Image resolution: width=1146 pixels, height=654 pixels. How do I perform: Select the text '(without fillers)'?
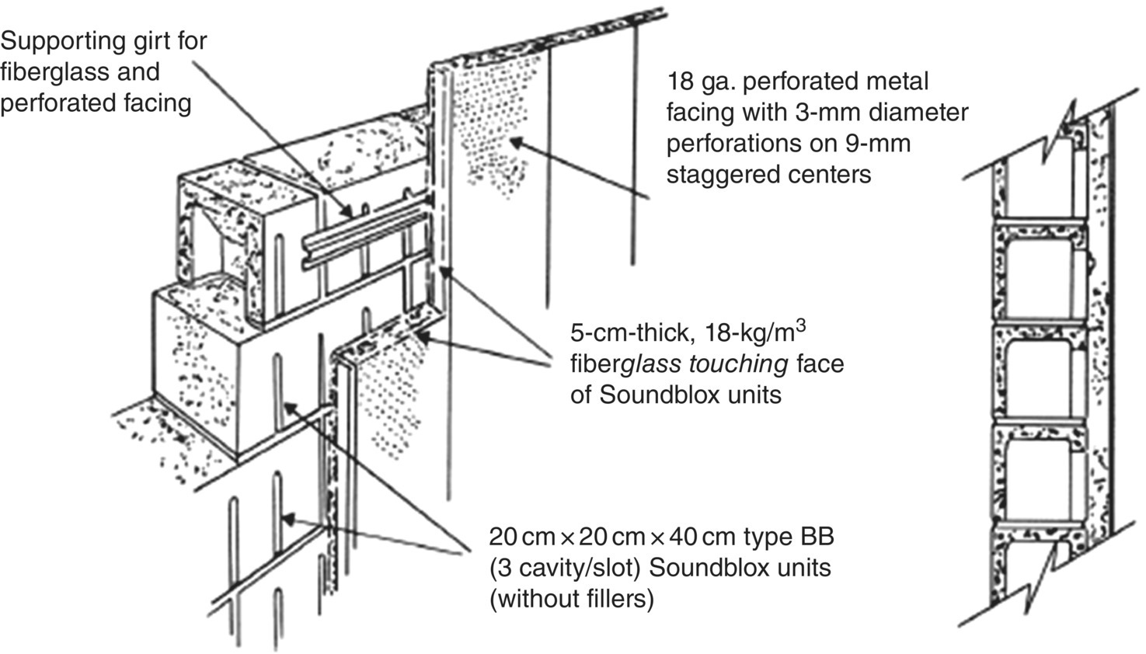tap(571, 599)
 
